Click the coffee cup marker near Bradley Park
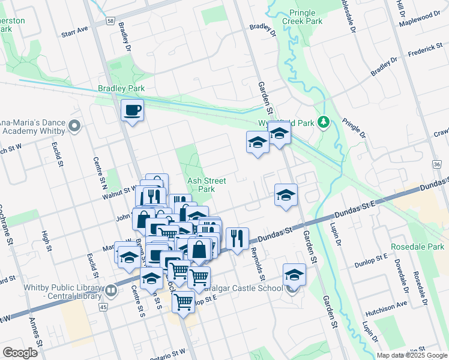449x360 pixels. pyautogui.click(x=132, y=110)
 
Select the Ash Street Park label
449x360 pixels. pyautogui.click(x=206, y=185)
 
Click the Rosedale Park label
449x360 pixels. pyautogui.click(x=417, y=247)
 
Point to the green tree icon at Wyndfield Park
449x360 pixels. pyautogui.click(x=324, y=122)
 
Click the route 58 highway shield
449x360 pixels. pyautogui.click(x=110, y=20)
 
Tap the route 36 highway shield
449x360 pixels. pyautogui.click(x=436, y=164)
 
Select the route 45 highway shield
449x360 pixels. pyautogui.click(x=103, y=307)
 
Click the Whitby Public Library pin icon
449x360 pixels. pyautogui.click(x=111, y=292)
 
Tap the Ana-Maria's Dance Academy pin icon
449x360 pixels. pyautogui.click(x=74, y=125)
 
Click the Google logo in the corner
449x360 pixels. pyautogui.click(x=20, y=353)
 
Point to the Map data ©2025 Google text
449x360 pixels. pyautogui.click(x=411, y=355)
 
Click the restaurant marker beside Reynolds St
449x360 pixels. pyautogui.click(x=238, y=238)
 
